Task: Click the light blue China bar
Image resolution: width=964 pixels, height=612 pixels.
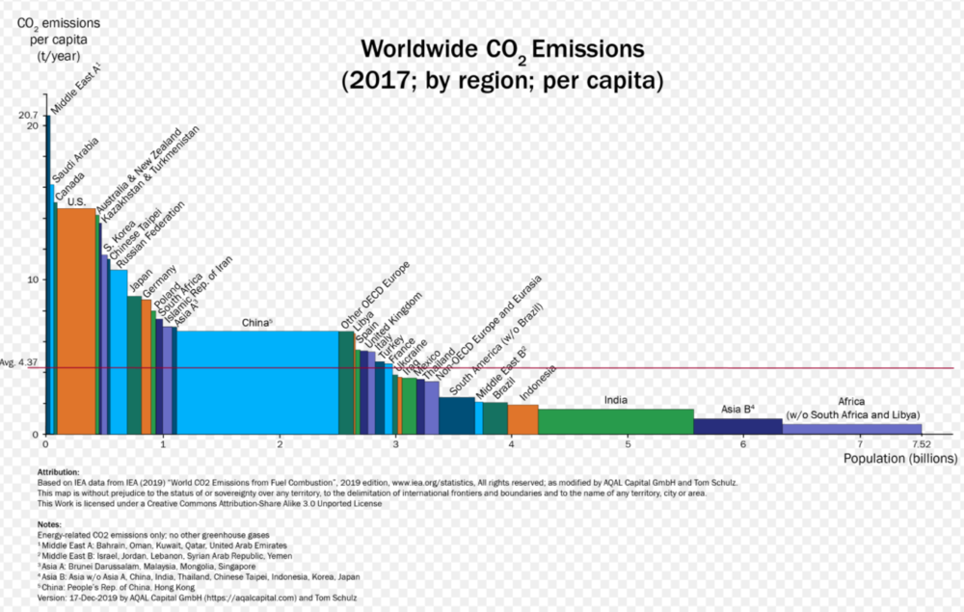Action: [257, 382]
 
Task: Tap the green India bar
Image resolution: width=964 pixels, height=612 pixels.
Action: [615, 421]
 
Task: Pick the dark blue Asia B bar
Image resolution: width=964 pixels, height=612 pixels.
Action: [737, 426]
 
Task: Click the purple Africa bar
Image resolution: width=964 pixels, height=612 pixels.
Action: [851, 429]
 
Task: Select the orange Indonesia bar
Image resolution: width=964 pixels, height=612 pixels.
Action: [522, 419]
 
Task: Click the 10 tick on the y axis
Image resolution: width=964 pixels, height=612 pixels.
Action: [32, 279]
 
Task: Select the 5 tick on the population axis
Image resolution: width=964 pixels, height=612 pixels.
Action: [628, 444]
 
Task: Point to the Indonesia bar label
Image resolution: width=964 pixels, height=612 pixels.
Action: [537, 383]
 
